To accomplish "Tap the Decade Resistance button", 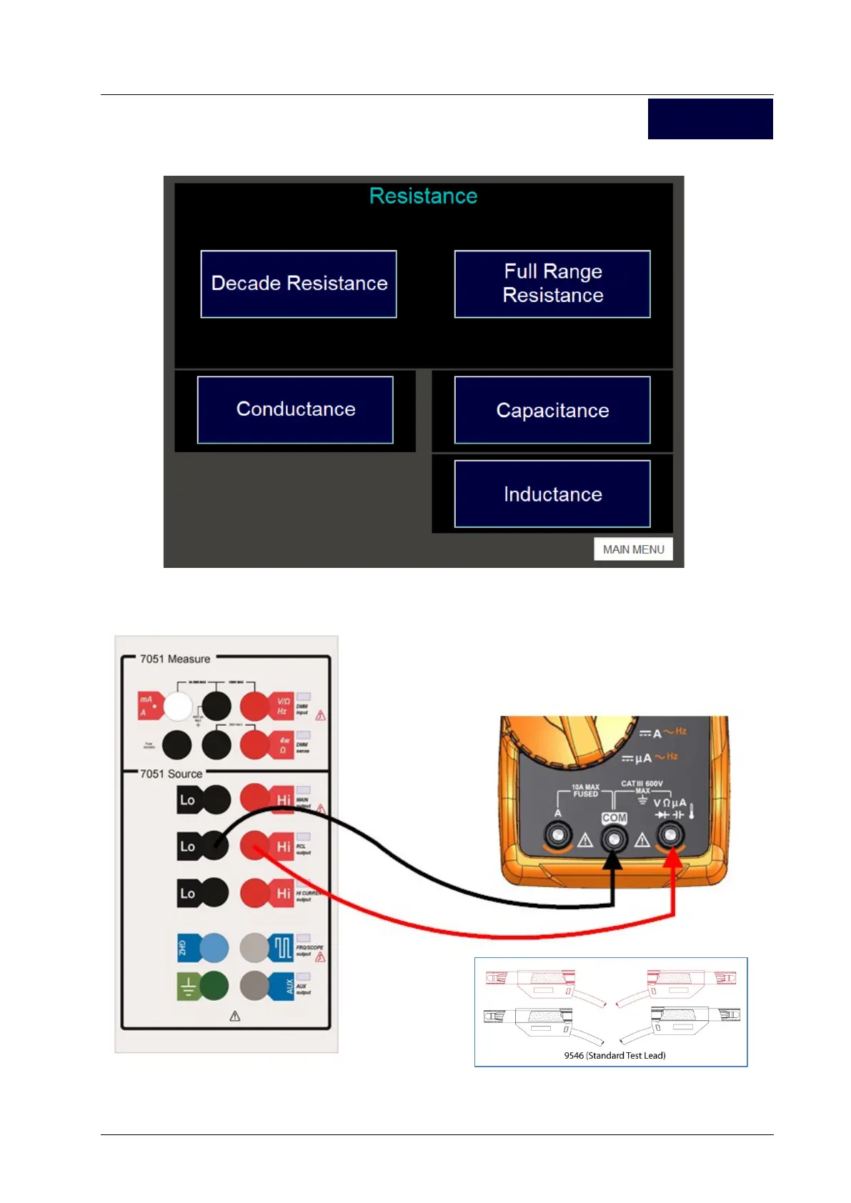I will pyautogui.click(x=299, y=284).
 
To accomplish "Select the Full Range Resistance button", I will pyautogui.click(x=552, y=284).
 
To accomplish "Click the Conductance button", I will pyautogui.click(x=295, y=409).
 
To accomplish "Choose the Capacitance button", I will pyautogui.click(x=552, y=410).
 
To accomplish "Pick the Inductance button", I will pyautogui.click(x=552, y=494).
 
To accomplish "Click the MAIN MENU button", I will pyautogui.click(x=633, y=549).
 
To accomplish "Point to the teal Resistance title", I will pyautogui.click(x=423, y=196).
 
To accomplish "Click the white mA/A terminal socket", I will pyautogui.click(x=178, y=707).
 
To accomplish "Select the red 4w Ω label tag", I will pyautogui.click(x=283, y=745).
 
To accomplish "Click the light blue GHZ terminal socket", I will pyautogui.click(x=214, y=948).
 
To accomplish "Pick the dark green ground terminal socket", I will pyautogui.click(x=214, y=987).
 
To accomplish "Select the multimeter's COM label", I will pyautogui.click(x=614, y=818).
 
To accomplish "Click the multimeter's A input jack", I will pyautogui.click(x=557, y=834).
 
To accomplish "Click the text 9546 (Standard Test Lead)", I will pyautogui.click(x=614, y=1055).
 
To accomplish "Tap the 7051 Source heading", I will pyautogui.click(x=171, y=774).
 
